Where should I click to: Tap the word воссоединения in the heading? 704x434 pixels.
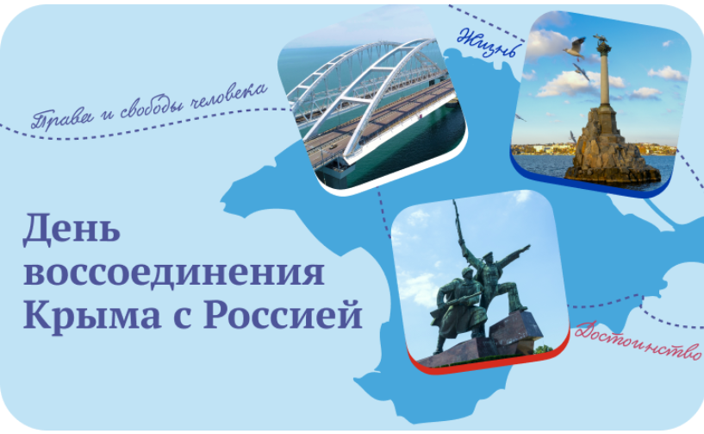174,272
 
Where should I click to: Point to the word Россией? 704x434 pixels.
283,314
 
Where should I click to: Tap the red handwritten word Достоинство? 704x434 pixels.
638,341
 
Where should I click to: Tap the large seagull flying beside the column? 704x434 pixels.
575,48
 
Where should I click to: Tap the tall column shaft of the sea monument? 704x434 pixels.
605,77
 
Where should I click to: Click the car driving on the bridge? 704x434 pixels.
333,146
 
